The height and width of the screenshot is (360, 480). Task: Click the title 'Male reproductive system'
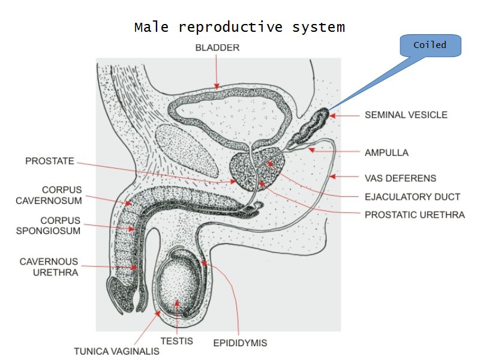tap(239, 28)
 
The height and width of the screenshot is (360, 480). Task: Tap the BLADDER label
tap(217, 48)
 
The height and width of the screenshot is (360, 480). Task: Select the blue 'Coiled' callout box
tap(430, 46)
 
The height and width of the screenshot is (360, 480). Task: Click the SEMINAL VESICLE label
tap(406, 115)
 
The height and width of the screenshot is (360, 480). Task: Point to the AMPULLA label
tap(386, 152)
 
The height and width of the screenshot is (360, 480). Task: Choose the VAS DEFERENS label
tap(400, 178)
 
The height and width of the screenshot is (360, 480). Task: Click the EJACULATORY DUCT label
tap(412, 196)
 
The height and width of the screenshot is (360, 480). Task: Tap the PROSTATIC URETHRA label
tap(415, 214)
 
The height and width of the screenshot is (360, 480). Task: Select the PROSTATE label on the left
tap(50, 161)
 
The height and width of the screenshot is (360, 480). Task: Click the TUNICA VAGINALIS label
tap(116, 351)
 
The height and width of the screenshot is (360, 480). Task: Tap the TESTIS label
tap(176, 341)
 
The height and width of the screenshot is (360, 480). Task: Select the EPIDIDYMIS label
tap(240, 343)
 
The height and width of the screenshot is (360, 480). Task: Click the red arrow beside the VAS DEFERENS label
tap(346, 178)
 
